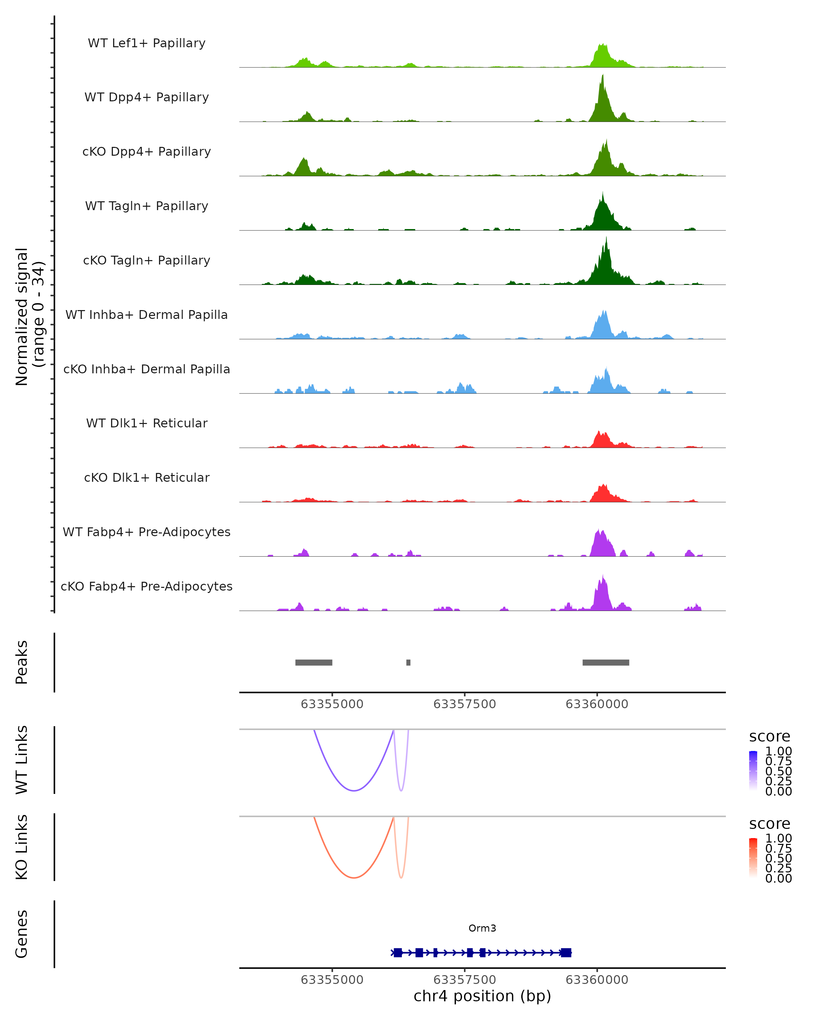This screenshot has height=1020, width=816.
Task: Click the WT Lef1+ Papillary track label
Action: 147,43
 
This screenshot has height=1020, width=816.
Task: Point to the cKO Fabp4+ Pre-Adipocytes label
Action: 147,586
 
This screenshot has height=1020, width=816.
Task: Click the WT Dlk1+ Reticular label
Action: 147,423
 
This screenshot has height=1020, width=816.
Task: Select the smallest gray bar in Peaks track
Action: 408,662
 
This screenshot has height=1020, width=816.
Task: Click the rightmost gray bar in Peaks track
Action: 606,662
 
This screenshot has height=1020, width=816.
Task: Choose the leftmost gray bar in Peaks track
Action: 313,662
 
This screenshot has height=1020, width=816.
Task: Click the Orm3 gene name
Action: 482,928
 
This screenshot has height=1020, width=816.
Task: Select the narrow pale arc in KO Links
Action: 401,877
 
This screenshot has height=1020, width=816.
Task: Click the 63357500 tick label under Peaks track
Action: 464,704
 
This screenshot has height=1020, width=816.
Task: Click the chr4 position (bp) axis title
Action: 482,996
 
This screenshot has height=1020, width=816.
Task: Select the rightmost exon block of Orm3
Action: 566,952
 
